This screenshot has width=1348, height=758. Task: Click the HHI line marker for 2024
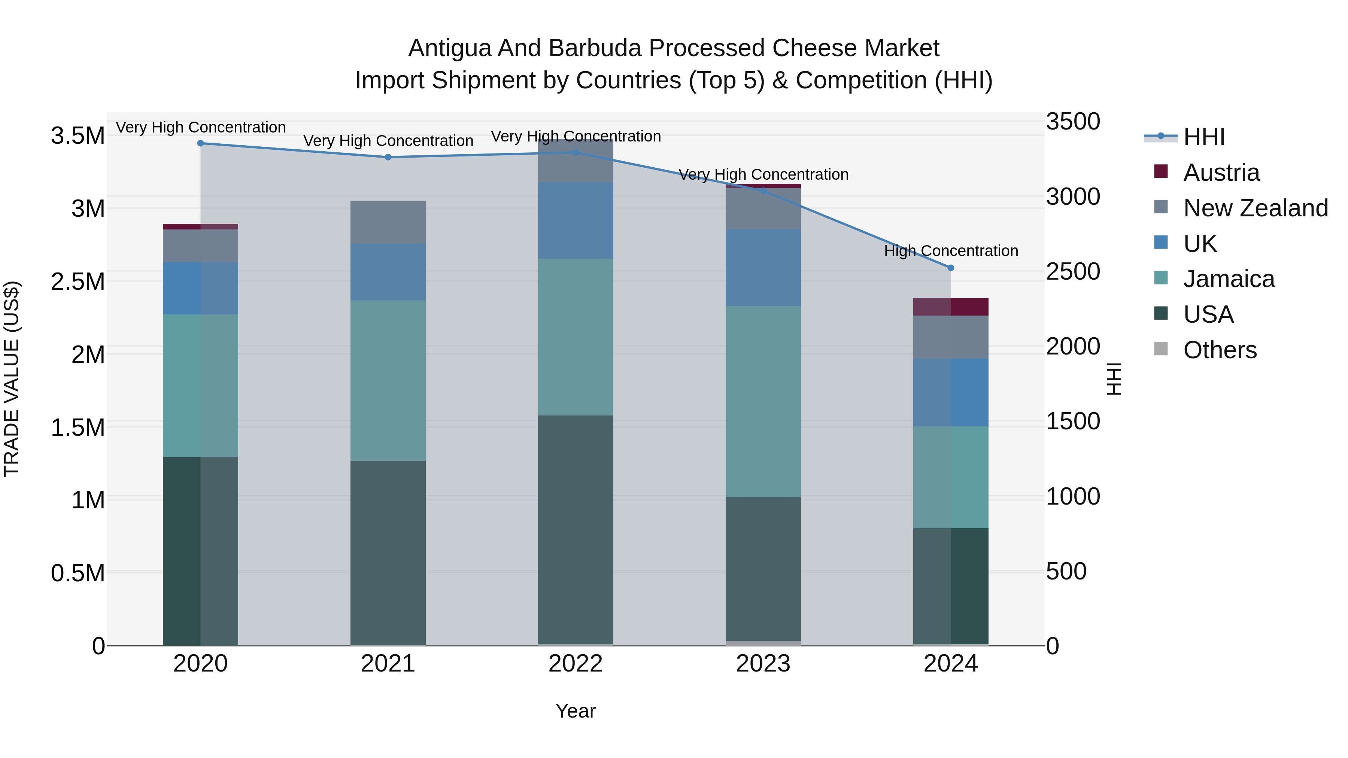pyautogui.click(x=951, y=268)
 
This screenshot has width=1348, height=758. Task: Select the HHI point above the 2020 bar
pyautogui.click(x=200, y=143)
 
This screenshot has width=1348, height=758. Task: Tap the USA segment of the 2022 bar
pyautogui.click(x=576, y=529)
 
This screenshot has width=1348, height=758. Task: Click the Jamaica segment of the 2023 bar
pyautogui.click(x=763, y=401)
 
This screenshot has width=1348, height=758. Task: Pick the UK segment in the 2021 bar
pyautogui.click(x=388, y=272)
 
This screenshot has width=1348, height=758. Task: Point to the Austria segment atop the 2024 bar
pyautogui.click(x=951, y=307)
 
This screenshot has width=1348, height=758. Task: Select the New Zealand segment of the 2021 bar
pyautogui.click(x=388, y=222)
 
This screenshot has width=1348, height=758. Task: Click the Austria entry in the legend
pyautogui.click(x=1221, y=173)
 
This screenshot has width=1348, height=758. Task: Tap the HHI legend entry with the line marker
pyautogui.click(x=1203, y=137)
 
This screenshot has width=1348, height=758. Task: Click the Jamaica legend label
pyautogui.click(x=1229, y=279)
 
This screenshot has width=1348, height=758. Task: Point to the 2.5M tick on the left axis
pyautogui.click(x=78, y=282)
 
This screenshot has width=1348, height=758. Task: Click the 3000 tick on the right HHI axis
pyautogui.click(x=1073, y=197)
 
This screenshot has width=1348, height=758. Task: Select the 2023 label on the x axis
pyautogui.click(x=763, y=664)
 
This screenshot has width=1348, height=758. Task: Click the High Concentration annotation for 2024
pyautogui.click(x=951, y=251)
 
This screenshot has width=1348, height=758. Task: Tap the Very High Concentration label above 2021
pyautogui.click(x=388, y=141)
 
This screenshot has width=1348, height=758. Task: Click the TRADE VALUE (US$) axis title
pyautogui.click(x=12, y=379)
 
